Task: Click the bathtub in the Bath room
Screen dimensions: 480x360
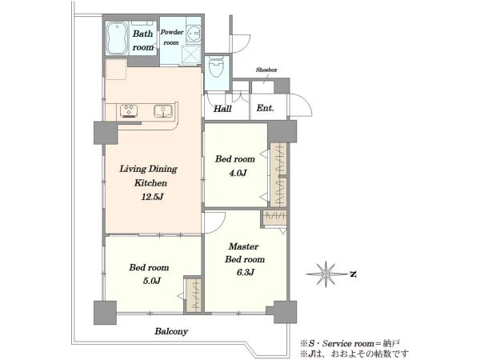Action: pyautogui.click(x=117, y=38)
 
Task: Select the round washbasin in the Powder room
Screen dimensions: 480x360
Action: pyautogui.click(x=194, y=32)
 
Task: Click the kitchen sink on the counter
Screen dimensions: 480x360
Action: pyautogui.click(x=163, y=111)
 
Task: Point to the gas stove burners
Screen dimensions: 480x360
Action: pyautogui.click(x=129, y=110)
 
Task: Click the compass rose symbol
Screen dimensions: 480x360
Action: pyautogui.click(x=326, y=274)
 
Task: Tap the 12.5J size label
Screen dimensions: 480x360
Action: pyautogui.click(x=152, y=197)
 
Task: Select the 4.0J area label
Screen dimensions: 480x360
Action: pyautogui.click(x=238, y=174)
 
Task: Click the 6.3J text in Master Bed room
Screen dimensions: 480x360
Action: pyautogui.click(x=246, y=272)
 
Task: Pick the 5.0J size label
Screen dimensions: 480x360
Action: pyautogui.click(x=151, y=281)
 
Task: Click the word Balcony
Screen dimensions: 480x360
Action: pyautogui.click(x=171, y=331)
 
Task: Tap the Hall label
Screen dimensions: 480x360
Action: pyautogui.click(x=222, y=108)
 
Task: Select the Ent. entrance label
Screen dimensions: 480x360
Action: pyautogui.click(x=265, y=108)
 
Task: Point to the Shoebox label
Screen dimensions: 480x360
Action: pyautogui.click(x=266, y=70)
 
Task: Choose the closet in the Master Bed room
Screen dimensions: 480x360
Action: pyautogui.click(x=275, y=218)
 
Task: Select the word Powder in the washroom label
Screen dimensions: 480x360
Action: pyautogui.click(x=172, y=32)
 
